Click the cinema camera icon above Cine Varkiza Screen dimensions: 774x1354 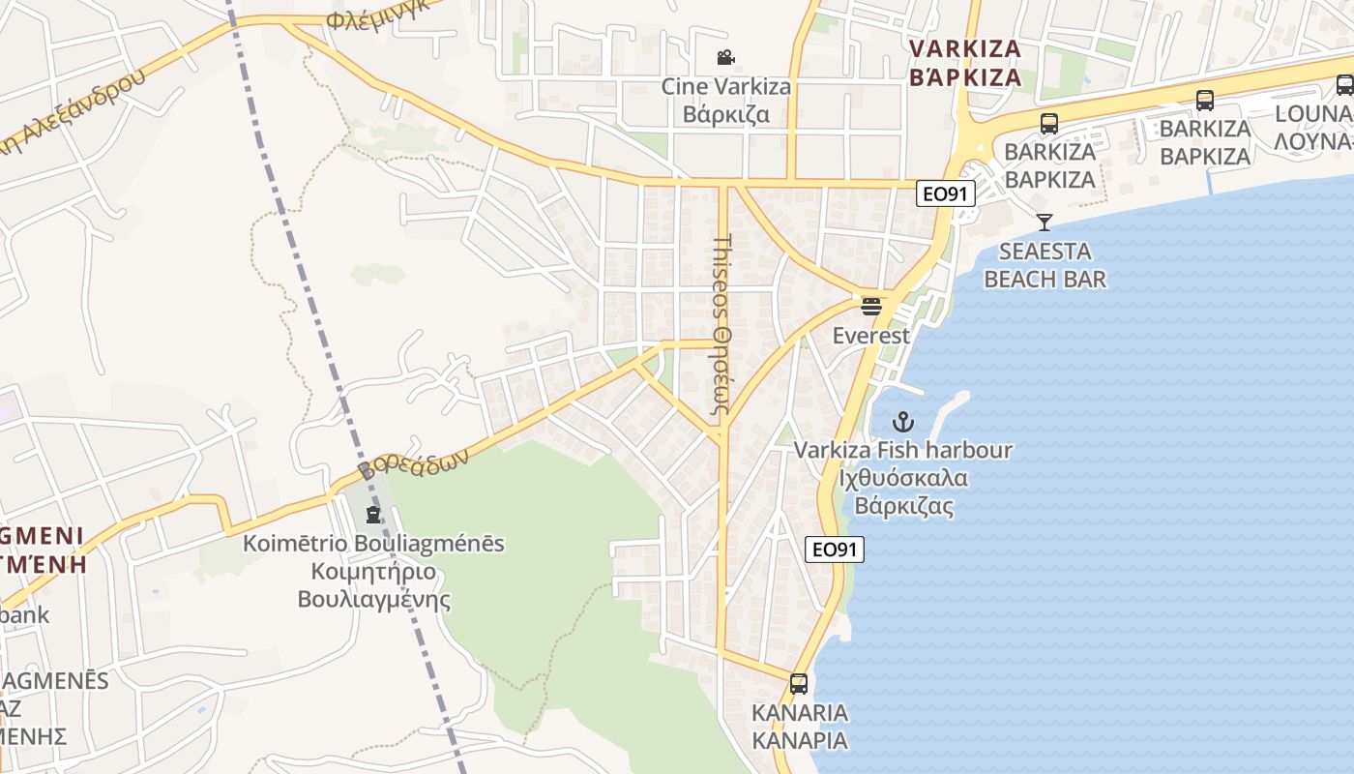(725, 57)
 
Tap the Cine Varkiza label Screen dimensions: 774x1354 (725, 86)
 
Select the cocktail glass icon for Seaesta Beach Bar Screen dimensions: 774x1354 (1044, 222)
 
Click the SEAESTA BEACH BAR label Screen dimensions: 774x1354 (1045, 265)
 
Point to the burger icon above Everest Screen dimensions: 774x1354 (871, 307)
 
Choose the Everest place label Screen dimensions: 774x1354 (871, 336)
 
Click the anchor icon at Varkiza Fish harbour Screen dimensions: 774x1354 (902, 422)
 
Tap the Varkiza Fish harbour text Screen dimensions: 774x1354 (903, 450)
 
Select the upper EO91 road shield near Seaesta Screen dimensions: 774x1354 (946, 193)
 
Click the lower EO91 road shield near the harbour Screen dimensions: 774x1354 (835, 550)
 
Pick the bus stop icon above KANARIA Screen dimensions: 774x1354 (799, 684)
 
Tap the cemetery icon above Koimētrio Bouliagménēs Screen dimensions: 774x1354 (373, 514)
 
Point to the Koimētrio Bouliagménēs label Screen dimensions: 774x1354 (373, 543)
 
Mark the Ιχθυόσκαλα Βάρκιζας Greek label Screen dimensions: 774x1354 (904, 491)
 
